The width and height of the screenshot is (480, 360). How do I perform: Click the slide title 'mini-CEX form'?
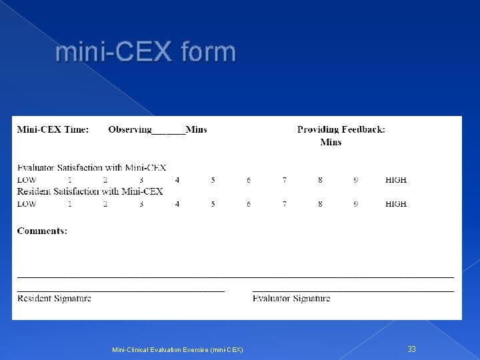tap(146, 51)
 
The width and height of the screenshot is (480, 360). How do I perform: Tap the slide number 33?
tap(411, 349)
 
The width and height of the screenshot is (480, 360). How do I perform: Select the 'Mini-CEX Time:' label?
tap(53, 129)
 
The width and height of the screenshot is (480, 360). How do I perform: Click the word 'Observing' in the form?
tap(130, 129)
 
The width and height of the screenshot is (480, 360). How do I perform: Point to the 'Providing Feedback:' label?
tap(341, 129)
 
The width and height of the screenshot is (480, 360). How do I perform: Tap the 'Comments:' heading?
tap(42, 231)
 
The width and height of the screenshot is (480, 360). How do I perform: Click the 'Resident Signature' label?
tap(54, 298)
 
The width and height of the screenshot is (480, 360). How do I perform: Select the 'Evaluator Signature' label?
tap(291, 298)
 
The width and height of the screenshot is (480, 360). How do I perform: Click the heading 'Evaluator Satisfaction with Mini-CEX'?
tap(91, 168)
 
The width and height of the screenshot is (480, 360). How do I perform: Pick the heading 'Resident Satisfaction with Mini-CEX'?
tap(90, 191)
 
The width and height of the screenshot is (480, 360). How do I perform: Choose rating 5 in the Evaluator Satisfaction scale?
tap(213, 180)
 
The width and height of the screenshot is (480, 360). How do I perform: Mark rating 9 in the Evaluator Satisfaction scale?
tap(355, 180)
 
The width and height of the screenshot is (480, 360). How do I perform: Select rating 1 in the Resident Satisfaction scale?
tap(69, 204)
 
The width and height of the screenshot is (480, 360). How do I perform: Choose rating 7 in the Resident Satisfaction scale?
tap(284, 204)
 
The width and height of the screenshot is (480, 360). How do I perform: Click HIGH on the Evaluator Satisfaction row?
tap(396, 180)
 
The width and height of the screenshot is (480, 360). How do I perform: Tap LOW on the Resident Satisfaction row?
tap(27, 204)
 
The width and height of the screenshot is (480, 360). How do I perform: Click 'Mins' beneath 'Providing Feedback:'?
tap(331, 142)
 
